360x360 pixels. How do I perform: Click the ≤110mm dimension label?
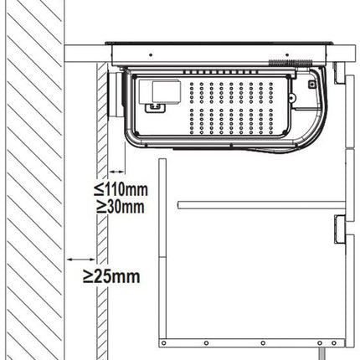point(121,189)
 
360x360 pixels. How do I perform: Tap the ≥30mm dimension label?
point(121,207)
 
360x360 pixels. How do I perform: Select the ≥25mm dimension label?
point(111,276)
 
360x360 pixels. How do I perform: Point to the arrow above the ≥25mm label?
point(81,260)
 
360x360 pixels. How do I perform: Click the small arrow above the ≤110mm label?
point(116,172)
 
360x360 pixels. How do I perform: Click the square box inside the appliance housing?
point(167,90)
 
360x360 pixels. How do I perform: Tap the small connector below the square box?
point(155,108)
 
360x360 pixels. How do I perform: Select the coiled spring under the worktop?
point(290,64)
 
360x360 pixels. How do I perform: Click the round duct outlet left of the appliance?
point(115,95)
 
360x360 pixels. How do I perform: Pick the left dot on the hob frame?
point(151,54)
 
